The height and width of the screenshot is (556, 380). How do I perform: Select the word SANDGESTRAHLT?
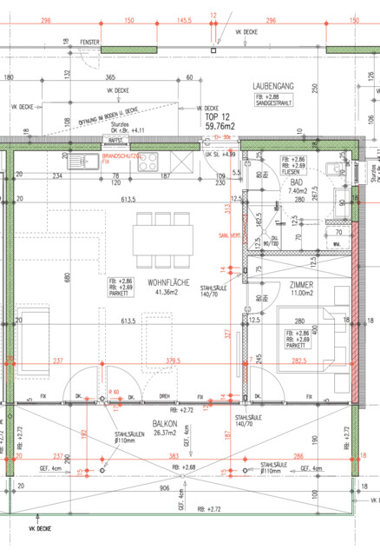tap(275, 103)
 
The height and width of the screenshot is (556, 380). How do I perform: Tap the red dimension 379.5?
tap(177, 361)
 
